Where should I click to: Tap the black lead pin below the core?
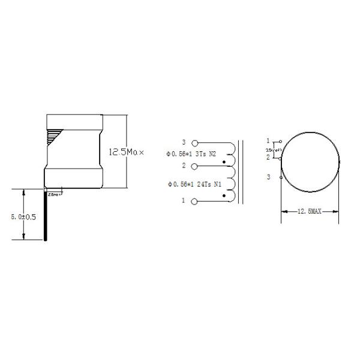46,216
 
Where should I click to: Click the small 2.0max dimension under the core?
55,195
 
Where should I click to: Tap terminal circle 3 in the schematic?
193,143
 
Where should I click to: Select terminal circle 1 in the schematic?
193,201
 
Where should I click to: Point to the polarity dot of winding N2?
224,161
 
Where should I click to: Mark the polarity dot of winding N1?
224,196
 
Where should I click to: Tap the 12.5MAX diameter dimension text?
310,211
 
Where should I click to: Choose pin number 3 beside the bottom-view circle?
269,176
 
